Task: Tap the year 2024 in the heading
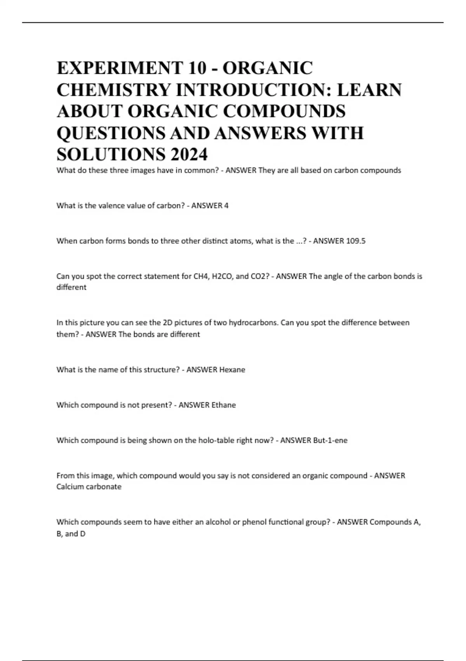click(189, 154)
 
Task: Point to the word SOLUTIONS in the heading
click(111, 154)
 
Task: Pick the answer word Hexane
click(232, 369)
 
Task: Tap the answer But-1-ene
click(330, 440)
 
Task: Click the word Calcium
click(70, 486)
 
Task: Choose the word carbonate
click(106, 486)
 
